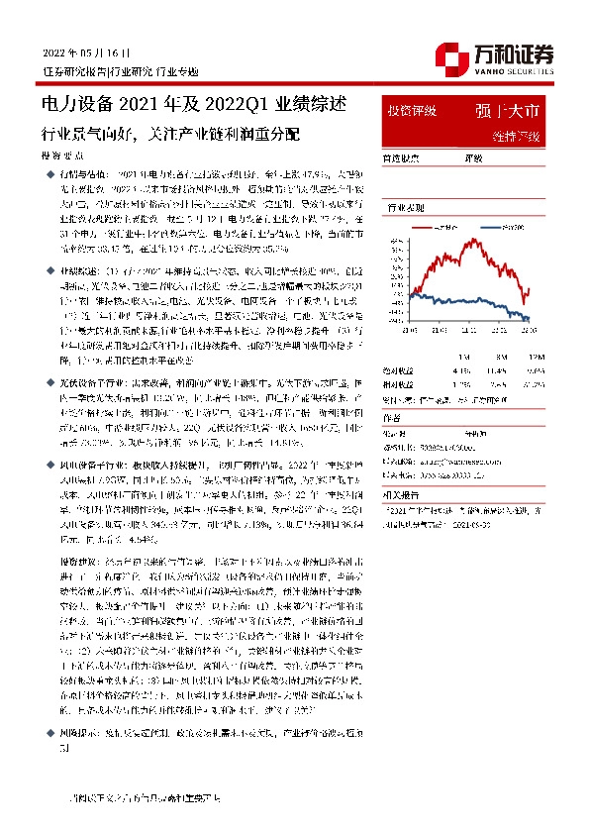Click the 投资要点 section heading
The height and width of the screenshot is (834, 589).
tap(62, 156)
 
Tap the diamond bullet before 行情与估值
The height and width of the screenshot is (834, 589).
tap(53, 172)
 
